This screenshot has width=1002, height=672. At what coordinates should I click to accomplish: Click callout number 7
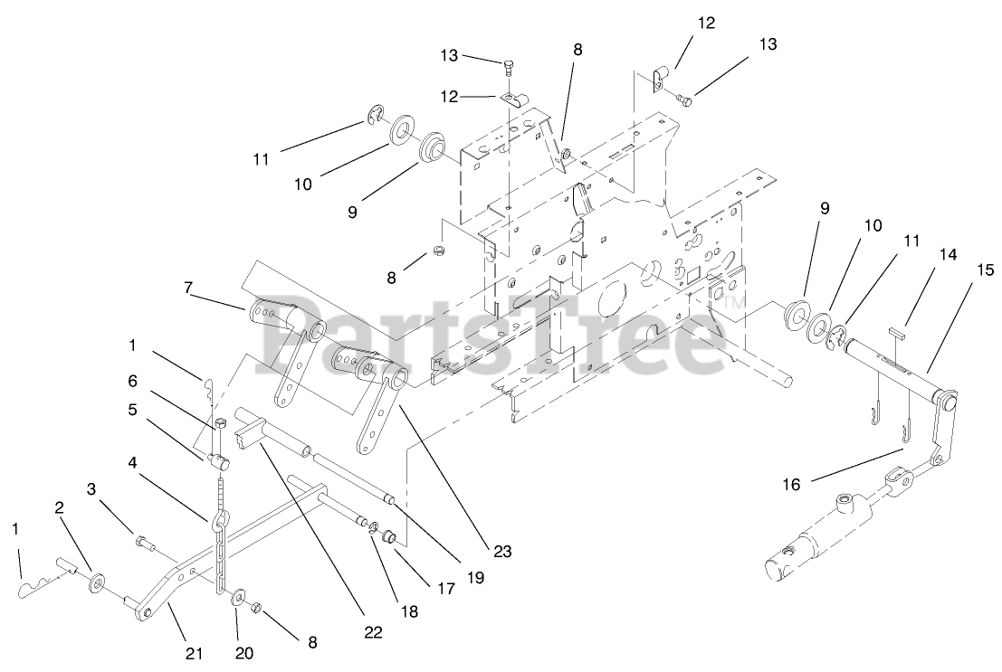(187, 288)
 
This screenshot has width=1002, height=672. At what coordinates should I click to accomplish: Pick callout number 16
(790, 485)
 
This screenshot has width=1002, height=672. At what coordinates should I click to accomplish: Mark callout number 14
(947, 256)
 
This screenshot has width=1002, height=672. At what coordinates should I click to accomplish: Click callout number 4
(132, 462)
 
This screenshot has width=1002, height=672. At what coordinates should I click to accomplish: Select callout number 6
(132, 382)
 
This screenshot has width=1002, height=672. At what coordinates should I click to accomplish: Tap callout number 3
(91, 489)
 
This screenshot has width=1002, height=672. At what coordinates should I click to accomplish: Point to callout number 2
(59, 508)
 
